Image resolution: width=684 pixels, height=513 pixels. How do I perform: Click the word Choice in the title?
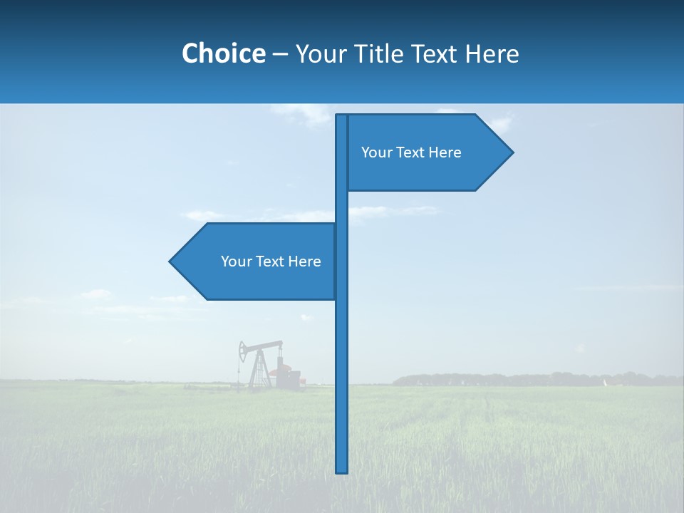pos(223,53)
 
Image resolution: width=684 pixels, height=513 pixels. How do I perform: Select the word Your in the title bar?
pos(319,53)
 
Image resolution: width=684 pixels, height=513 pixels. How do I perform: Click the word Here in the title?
pos(492,53)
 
